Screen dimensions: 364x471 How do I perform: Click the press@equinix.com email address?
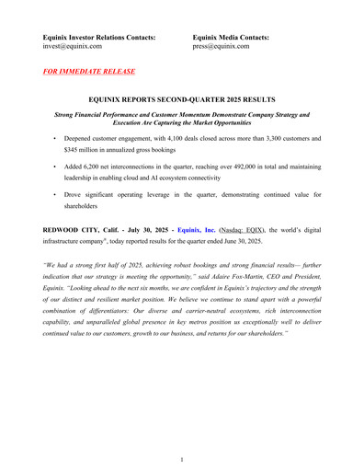pos(221,45)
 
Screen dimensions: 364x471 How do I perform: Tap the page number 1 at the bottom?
pos(182,457)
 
